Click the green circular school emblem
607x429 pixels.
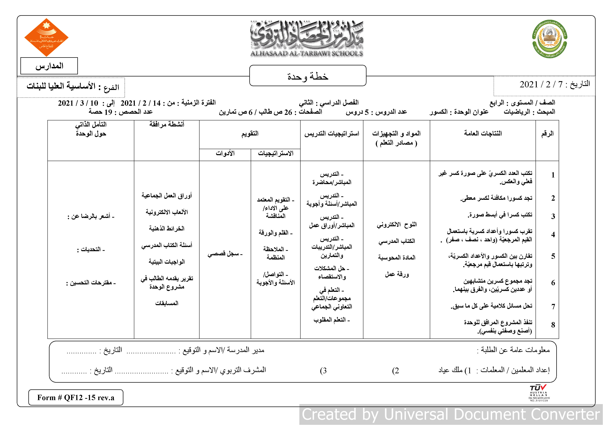(549, 39)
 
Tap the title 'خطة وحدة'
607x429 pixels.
(307, 76)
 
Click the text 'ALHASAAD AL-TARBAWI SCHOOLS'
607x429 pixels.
(306, 53)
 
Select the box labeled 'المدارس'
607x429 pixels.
(49, 66)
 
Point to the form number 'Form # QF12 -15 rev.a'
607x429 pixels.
(76, 397)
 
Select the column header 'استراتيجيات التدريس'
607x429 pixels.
(332, 134)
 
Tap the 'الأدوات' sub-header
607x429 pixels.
(225, 153)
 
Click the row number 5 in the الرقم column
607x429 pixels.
(553, 256)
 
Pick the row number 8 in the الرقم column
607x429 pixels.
(553, 325)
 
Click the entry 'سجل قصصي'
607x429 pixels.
(225, 254)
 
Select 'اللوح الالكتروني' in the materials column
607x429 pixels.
(397, 225)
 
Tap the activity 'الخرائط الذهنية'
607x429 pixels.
(167, 228)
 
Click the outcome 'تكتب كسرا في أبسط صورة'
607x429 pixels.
(500, 215)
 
